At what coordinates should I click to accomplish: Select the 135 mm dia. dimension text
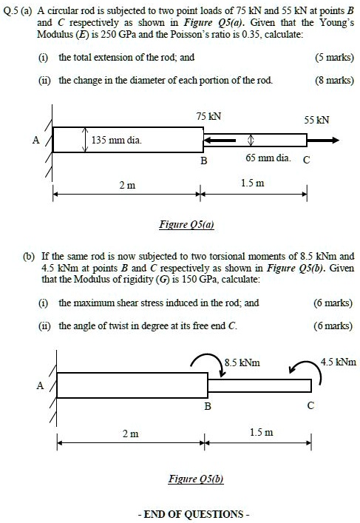click(117, 140)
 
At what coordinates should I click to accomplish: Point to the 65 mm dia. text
click(268, 158)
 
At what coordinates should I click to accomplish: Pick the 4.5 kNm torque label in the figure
click(339, 362)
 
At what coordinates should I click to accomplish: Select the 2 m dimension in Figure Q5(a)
click(126, 186)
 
